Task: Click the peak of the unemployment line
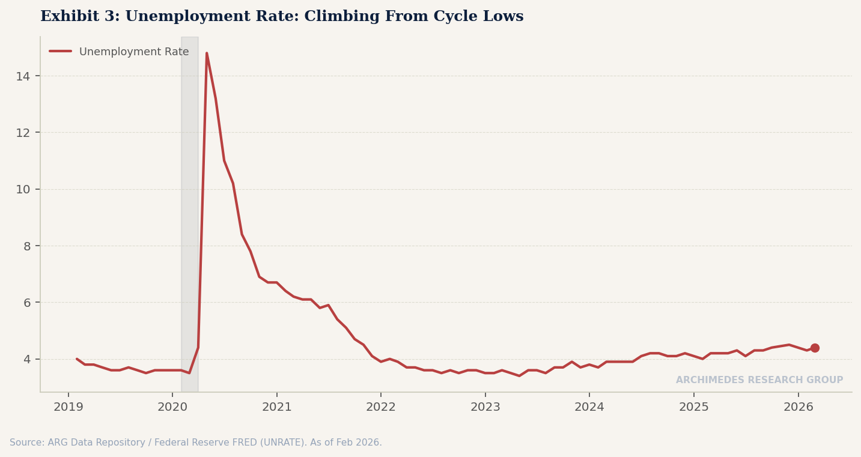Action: [x=207, y=53]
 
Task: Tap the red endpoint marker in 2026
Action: [x=815, y=348]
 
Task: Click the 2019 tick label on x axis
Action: [x=68, y=407]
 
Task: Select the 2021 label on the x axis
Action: [x=276, y=407]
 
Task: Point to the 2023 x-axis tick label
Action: [x=485, y=407]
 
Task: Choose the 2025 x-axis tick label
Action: [x=693, y=407]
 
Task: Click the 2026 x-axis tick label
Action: [x=798, y=407]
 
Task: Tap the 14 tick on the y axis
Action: [x=23, y=76]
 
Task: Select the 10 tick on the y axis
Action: [x=23, y=190]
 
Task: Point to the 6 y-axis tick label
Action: [x=27, y=303]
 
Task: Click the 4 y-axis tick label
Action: [x=27, y=359]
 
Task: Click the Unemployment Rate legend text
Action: [x=134, y=52]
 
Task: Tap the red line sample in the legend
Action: [x=60, y=51]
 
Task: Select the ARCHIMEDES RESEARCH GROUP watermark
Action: [x=759, y=380]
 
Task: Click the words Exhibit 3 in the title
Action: [x=79, y=17]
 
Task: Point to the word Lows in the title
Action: [x=504, y=17]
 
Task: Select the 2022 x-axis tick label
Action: [x=380, y=407]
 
